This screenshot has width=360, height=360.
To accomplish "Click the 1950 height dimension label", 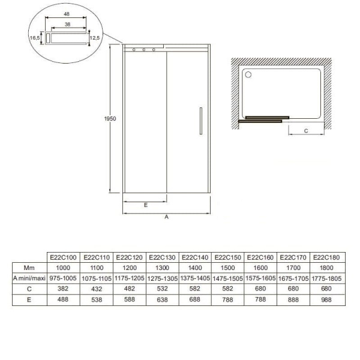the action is coord(110,119).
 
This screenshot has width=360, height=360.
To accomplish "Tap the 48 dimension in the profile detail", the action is coord(67,14).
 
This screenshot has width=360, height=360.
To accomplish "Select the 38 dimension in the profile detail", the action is coord(67,25).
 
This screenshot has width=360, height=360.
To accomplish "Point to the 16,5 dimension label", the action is coord(35,38).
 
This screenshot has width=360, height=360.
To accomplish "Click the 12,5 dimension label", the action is coord(95,38).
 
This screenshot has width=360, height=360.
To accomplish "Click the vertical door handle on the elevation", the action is coord(201,121).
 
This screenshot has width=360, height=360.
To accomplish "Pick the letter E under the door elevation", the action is coord(146,205).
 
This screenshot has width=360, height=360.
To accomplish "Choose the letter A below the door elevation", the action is coord(166,217).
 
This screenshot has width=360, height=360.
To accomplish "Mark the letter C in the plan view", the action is coord(306,131).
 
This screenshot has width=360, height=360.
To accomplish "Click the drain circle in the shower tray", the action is coord(248,74).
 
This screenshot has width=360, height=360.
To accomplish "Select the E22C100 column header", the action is coord(63,257).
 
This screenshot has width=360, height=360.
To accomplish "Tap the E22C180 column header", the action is coord(326,257).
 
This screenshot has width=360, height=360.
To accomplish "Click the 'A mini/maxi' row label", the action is coord(29,278).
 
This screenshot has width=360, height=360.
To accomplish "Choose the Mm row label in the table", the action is coord(29,268).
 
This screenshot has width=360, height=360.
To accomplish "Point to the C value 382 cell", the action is coord(63,289).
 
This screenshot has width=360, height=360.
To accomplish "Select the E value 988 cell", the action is coord(326,299).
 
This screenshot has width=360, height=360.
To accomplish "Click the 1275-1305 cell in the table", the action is coord(163,278).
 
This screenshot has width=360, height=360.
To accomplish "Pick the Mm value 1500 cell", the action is coord(228,268).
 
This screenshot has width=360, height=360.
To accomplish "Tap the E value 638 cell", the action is coord(163,299).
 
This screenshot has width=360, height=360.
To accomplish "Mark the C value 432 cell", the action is coord(97,289).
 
